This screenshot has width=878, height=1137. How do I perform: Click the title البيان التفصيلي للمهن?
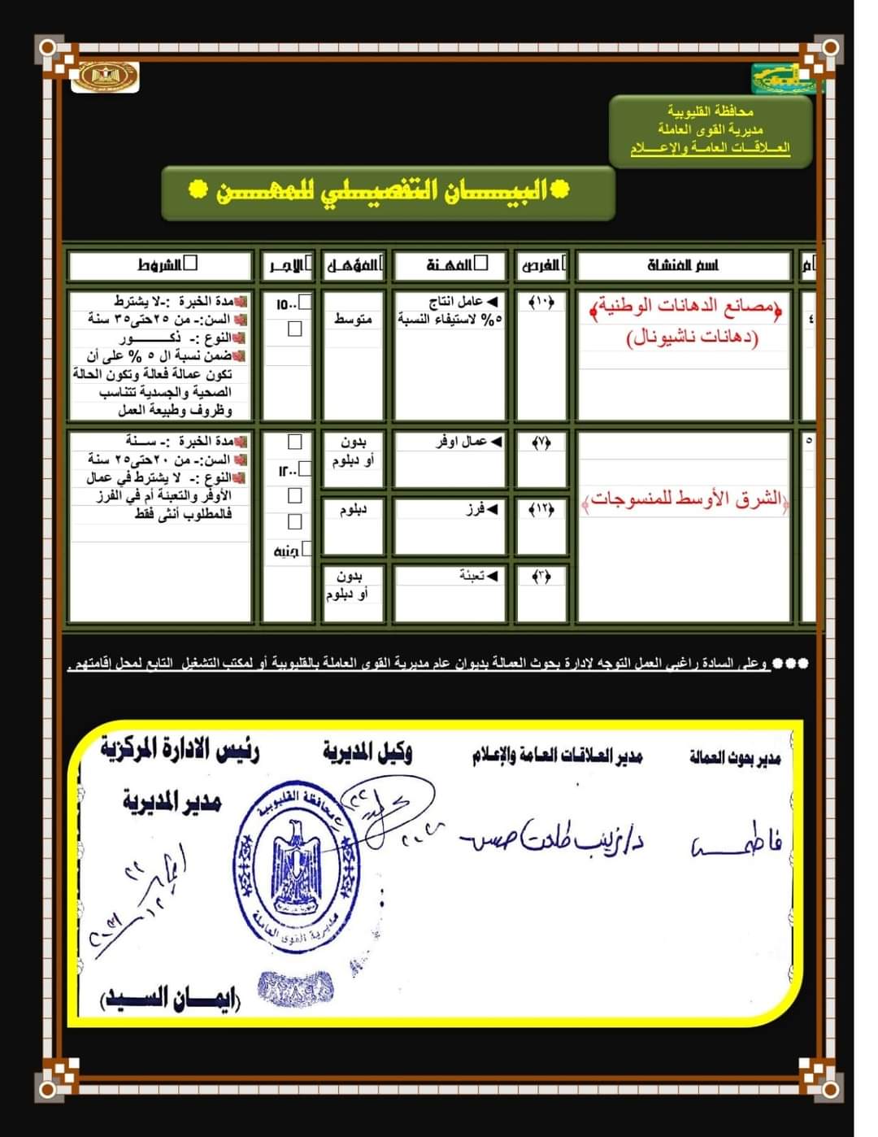pos(388,192)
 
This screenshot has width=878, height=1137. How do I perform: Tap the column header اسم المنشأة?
pos(683,265)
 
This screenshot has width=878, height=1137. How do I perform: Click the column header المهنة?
pos(450,265)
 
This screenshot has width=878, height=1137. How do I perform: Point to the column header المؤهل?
pos(353,265)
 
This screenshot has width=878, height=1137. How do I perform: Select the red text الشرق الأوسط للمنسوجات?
pos(685,499)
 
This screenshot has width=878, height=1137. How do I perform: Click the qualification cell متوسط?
pos(353,320)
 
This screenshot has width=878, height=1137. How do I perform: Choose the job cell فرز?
pos(480,509)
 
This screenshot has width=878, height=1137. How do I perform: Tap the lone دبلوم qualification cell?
pos(353,510)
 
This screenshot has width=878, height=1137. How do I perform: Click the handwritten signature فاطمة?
pos(736,846)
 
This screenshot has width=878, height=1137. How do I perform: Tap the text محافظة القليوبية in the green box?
pos(711,111)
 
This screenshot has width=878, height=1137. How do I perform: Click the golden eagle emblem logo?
pos(105,77)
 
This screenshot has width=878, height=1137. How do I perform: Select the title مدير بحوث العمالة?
pos(735,759)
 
